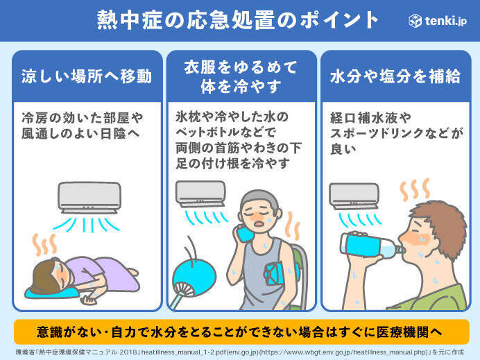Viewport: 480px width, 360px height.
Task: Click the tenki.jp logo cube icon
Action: (x=415, y=21)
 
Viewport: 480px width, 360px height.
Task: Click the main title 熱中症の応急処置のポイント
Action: (x=237, y=20)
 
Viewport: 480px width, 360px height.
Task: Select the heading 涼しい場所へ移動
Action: (x=87, y=76)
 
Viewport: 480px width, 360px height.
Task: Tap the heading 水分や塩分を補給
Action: (x=395, y=76)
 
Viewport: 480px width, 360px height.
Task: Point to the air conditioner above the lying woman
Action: (x=89, y=198)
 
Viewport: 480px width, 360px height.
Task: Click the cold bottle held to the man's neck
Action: (x=246, y=233)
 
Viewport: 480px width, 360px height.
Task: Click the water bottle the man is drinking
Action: (x=372, y=246)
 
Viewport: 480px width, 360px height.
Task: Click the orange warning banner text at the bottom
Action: (x=239, y=332)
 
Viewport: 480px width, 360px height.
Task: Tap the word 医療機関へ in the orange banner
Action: (x=409, y=332)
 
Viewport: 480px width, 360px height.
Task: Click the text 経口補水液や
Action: (x=370, y=118)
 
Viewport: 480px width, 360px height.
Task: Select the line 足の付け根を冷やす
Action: (x=232, y=163)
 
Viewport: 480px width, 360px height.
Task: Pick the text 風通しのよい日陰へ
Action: (x=80, y=133)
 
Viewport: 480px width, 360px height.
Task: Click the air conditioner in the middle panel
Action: (x=200, y=194)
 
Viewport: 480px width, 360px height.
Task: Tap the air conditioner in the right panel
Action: (x=354, y=196)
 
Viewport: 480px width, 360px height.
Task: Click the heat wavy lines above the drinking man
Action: (x=415, y=190)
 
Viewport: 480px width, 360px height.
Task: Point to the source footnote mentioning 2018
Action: (x=240, y=352)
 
